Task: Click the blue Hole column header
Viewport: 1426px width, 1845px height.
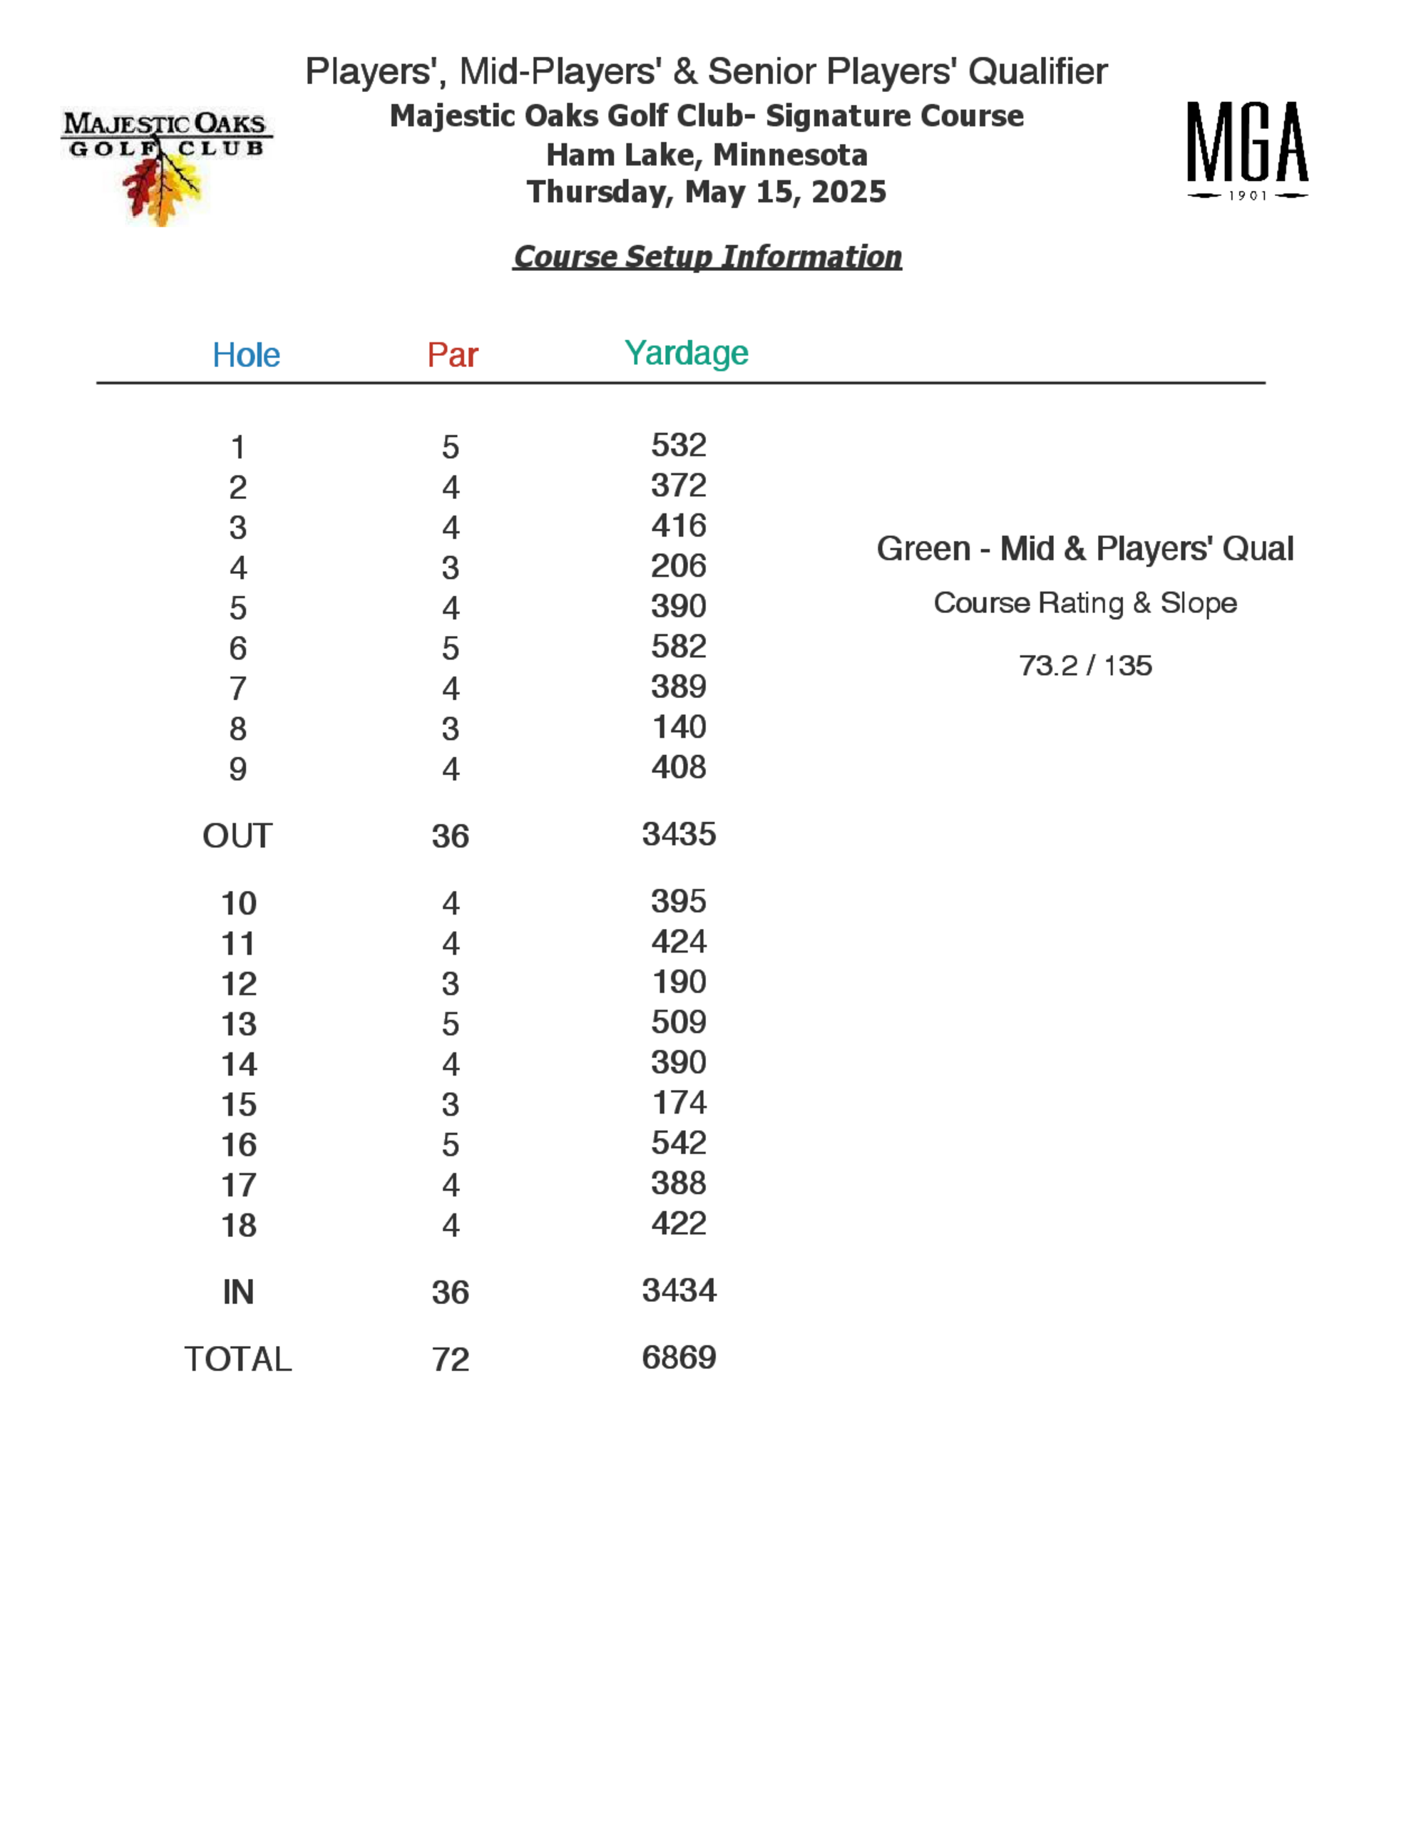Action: (246, 355)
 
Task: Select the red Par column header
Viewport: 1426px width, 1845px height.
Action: (452, 355)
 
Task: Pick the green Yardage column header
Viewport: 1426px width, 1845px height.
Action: (686, 353)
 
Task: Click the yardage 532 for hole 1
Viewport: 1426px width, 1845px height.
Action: (678, 445)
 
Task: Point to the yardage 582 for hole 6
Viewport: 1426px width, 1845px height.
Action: (678, 647)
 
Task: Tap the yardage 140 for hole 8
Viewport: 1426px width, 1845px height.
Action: (678, 726)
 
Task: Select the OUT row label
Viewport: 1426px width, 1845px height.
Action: (237, 836)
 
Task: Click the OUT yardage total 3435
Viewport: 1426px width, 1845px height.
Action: (678, 834)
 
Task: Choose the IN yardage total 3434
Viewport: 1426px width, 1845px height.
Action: (678, 1290)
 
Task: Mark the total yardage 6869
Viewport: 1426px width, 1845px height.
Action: (678, 1357)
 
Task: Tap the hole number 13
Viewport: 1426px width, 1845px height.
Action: (239, 1024)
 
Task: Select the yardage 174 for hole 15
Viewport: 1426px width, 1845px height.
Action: (678, 1102)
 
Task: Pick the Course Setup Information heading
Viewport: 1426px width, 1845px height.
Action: (707, 257)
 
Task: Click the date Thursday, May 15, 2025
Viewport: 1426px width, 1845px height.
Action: (707, 192)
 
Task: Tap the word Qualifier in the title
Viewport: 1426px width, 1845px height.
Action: (1037, 72)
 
